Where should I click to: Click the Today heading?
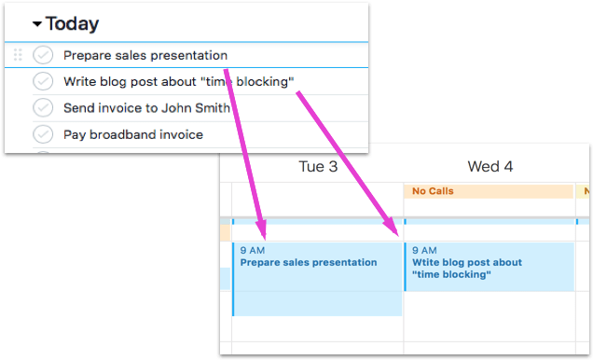pos(72,24)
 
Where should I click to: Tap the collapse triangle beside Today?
pos(36,24)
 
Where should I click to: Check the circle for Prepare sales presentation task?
pos(43,55)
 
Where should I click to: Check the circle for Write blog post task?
pos(43,81)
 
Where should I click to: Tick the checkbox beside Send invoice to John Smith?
pos(43,108)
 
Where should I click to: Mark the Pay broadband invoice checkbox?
pos(43,134)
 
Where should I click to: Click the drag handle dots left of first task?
pos(17,55)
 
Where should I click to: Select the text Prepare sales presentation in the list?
pos(145,55)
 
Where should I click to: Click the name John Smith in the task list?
pos(198,108)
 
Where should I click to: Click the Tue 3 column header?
pos(317,167)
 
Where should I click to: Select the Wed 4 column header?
pos(490,167)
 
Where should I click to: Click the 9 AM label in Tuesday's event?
pos(252,250)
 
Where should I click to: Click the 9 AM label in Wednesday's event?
pos(424,250)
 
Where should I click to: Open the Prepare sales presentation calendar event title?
pos(309,262)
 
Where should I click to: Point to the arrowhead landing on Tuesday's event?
pos(263,232)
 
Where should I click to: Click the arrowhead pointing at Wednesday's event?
pos(394,229)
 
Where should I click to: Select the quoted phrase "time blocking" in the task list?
pos(247,81)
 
